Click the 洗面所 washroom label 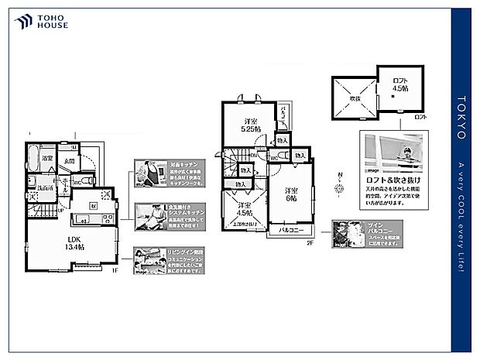point(45,188)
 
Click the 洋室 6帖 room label point(290,195)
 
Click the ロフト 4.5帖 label point(400,86)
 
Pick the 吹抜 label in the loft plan point(354,99)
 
